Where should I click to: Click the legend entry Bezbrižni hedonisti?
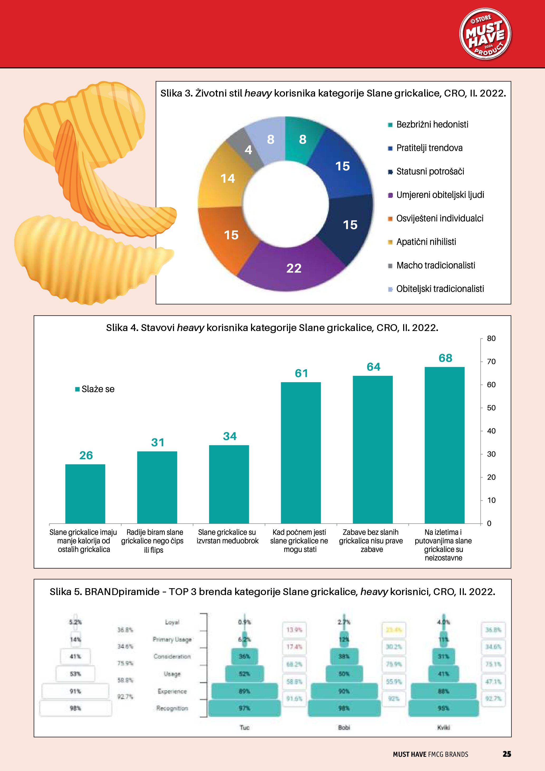(432, 124)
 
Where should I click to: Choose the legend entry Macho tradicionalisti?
(435, 266)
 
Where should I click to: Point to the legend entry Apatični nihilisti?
(426, 242)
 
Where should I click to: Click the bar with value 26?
(85, 494)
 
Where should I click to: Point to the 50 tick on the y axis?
(491, 408)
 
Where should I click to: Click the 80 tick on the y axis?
(491, 338)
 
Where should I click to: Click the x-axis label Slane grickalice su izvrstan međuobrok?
(228, 536)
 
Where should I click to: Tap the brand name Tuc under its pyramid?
(244, 727)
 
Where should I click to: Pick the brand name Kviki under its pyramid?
(443, 727)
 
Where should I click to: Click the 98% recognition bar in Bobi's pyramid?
(344, 708)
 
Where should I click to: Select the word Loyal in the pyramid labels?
(172, 622)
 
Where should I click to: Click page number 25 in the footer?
(507, 754)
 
